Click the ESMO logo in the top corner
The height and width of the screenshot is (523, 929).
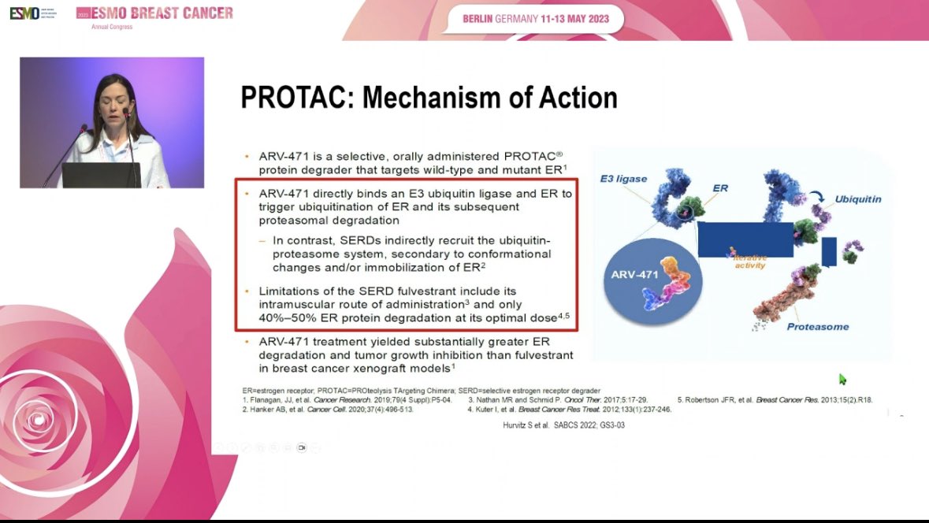(24, 14)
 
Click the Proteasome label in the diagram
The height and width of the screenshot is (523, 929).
(817, 326)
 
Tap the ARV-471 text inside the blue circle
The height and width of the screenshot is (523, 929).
(634, 275)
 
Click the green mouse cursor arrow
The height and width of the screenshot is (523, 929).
(842, 380)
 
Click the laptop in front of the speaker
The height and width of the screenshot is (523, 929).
(102, 175)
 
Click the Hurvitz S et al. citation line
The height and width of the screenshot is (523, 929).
(559, 425)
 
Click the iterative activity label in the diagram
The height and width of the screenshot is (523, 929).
(749, 261)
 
